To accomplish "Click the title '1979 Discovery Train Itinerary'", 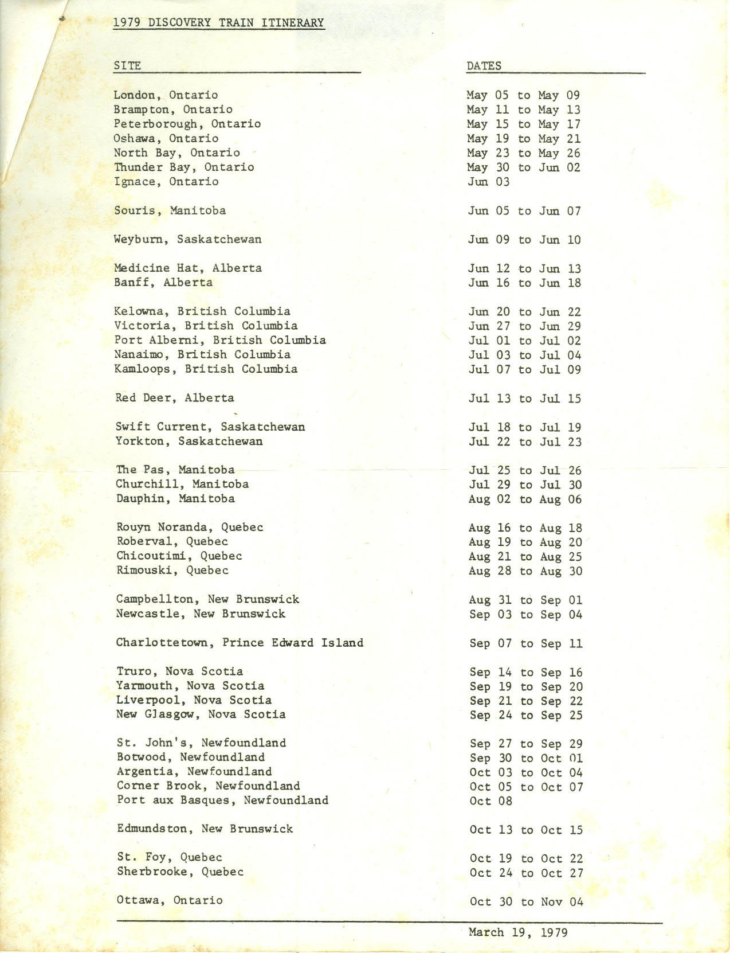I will pyautogui.click(x=219, y=23).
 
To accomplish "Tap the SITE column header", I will pyautogui.click(x=127, y=65).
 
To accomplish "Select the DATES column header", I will pyautogui.click(x=484, y=66).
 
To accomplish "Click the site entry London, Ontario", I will pyautogui.click(x=166, y=95).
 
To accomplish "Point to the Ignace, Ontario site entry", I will pyautogui.click(x=166, y=182).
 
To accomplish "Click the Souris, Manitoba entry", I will pyautogui.click(x=170, y=210).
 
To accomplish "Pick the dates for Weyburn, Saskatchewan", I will pyautogui.click(x=524, y=240).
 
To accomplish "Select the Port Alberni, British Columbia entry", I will pyautogui.click(x=220, y=340).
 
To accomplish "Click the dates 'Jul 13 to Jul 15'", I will pyautogui.click(x=525, y=399).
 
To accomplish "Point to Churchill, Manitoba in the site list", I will pyautogui.click(x=182, y=484).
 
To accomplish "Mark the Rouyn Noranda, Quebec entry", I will pyautogui.click(x=190, y=527).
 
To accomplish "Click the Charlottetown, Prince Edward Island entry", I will pyautogui.click(x=240, y=643).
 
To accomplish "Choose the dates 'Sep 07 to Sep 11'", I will pyautogui.click(x=526, y=643).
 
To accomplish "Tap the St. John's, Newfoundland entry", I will pyautogui.click(x=201, y=743).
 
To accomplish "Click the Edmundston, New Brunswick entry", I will pyautogui.click(x=205, y=829).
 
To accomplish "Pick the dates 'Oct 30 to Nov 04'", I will pyautogui.click(x=526, y=902).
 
